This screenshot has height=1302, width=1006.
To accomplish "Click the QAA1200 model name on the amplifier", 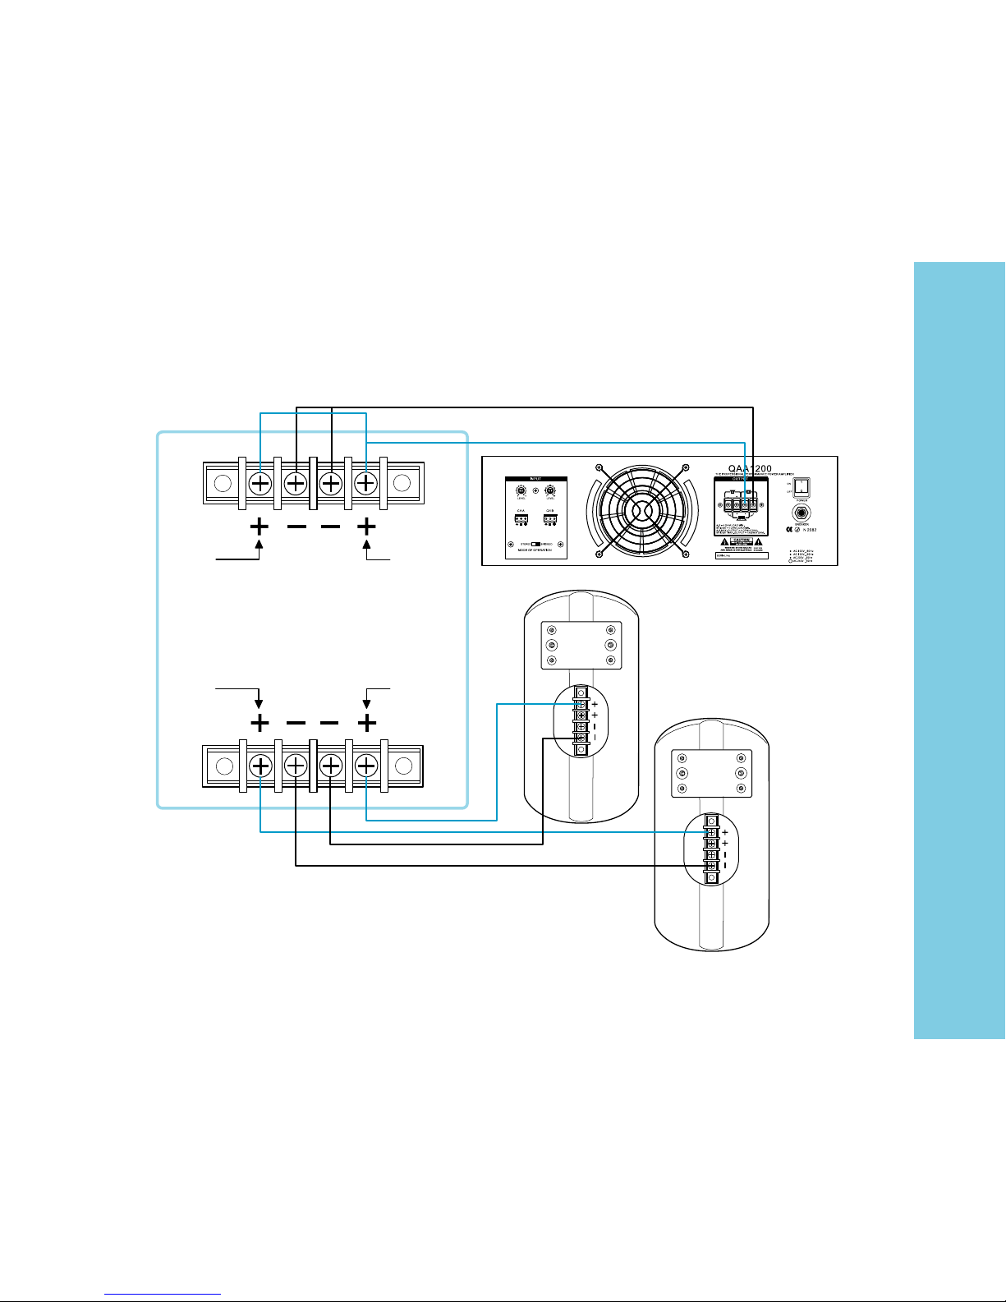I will point(751,469).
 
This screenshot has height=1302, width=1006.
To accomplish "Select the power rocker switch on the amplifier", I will point(801,489).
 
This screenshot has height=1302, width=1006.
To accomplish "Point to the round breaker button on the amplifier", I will point(801,514).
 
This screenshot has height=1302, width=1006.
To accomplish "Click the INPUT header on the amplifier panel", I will point(535,479).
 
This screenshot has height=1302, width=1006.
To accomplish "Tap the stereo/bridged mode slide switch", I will point(536,544).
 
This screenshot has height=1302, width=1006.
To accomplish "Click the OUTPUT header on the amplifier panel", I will point(742,480).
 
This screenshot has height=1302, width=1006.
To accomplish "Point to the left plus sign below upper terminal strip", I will point(260,526).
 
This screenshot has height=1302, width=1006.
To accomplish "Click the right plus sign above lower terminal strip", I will point(366,724).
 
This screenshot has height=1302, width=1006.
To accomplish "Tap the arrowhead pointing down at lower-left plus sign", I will point(260,704).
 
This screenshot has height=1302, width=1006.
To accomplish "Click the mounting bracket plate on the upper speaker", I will point(581,646).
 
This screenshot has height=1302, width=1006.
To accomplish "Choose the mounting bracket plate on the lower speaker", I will point(711,773).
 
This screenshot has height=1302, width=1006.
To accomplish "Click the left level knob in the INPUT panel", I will point(521,491).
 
